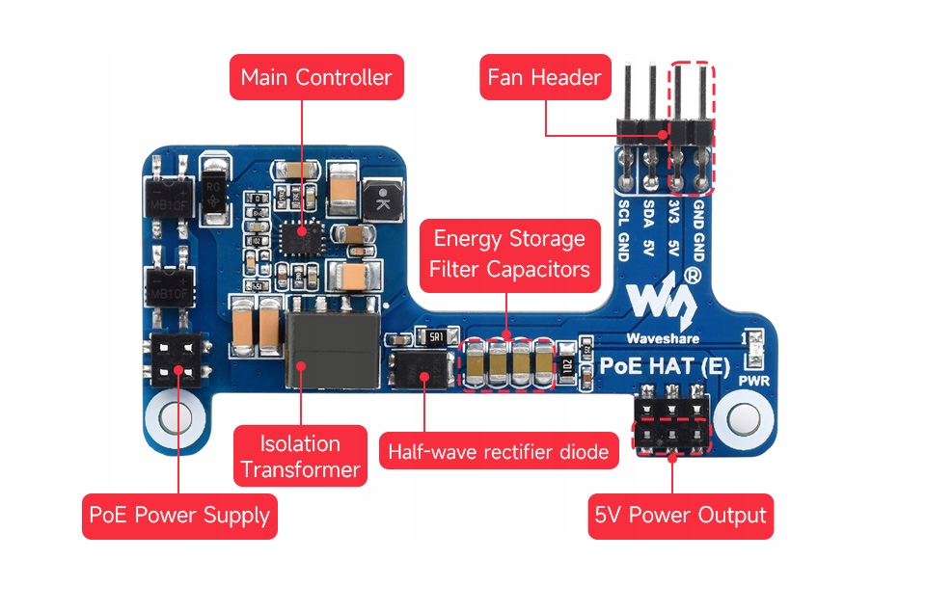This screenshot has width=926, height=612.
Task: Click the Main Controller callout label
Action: pos(315,78)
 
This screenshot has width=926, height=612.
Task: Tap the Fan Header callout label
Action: pos(544,78)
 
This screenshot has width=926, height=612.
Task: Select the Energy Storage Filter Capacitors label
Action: pos(509,253)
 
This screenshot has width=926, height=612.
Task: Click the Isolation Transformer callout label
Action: pos(300,457)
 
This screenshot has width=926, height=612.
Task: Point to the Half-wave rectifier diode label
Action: pos(498,451)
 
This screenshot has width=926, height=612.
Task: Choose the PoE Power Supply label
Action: pos(178,515)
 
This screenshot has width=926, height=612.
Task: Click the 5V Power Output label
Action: pos(681,516)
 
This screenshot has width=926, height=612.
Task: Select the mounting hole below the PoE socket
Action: pos(174,419)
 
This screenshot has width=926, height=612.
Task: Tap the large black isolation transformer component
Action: pos(329,348)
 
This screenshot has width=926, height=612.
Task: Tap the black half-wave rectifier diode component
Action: pos(420,367)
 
